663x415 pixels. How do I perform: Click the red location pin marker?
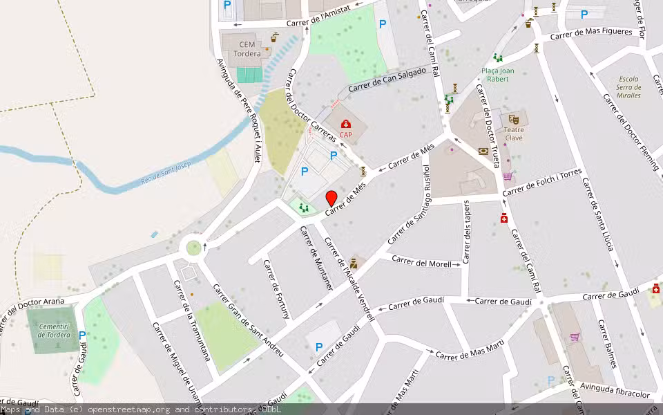coord(331,197)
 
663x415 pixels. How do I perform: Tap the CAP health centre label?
coord(345,135)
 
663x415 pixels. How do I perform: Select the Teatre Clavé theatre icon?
coord(514,120)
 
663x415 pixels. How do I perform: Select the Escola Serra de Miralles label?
coord(629,87)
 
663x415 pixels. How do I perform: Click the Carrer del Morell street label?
coord(422,261)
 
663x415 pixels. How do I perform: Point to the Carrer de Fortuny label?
coord(276,290)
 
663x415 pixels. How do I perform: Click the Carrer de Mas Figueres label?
coord(592,33)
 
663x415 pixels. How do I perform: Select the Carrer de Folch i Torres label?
coord(543,181)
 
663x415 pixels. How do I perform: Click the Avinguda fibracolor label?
coord(615,391)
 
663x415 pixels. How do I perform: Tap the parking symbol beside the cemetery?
coord(82,335)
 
